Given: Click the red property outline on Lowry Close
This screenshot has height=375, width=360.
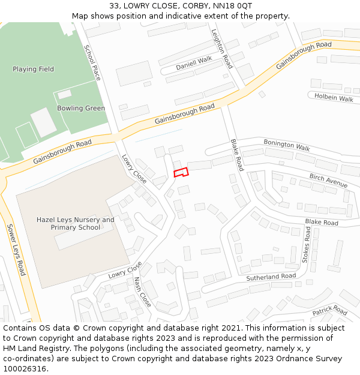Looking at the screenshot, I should [x=181, y=172].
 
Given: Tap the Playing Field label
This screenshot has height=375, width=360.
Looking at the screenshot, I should [x=33, y=69].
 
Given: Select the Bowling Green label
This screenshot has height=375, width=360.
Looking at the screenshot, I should [x=81, y=109].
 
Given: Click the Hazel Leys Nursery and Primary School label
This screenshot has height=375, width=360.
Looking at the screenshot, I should [x=75, y=224].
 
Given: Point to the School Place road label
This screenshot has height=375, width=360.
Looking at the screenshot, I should [x=92, y=62].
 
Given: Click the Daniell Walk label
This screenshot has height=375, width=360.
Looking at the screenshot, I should [x=194, y=63].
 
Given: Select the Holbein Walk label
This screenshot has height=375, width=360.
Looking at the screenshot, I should [x=334, y=97].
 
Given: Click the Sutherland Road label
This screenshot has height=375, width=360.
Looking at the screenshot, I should [x=271, y=277].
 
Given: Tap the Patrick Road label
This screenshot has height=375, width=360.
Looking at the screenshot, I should [x=329, y=311].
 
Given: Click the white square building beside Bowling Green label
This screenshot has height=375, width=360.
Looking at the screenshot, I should [x=43, y=122].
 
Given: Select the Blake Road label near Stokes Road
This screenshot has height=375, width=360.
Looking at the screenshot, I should [x=322, y=223].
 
